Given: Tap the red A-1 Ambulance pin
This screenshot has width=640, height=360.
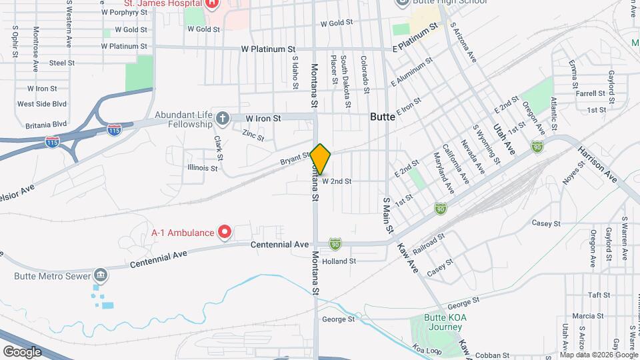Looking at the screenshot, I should (225, 232).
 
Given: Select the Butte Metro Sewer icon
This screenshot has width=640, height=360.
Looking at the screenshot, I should (100, 275).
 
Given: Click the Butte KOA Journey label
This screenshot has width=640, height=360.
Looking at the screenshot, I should (445, 322).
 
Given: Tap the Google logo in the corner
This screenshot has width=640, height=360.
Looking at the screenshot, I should (21, 351).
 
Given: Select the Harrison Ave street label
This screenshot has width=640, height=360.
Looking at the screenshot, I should (597, 164).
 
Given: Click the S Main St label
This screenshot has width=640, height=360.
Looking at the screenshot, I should (387, 215).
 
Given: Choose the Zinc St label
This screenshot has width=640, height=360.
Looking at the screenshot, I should (253, 134).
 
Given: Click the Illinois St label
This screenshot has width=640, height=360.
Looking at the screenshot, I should (203, 168).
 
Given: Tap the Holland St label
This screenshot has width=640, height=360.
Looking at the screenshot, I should (339, 261).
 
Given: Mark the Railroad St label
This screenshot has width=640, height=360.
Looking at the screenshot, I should (429, 244).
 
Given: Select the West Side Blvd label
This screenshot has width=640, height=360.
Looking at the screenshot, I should (42, 104).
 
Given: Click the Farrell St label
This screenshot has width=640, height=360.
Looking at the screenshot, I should (590, 94).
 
